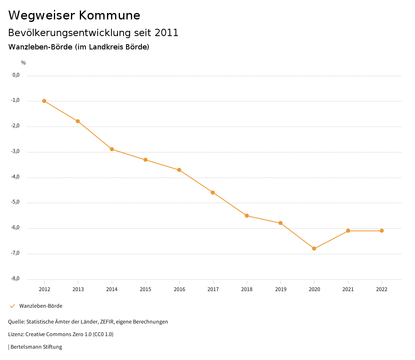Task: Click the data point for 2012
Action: (x=44, y=101)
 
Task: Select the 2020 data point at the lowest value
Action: (x=314, y=249)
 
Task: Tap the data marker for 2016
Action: (x=179, y=170)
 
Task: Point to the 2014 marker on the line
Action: (x=112, y=149)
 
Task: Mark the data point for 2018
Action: (x=247, y=216)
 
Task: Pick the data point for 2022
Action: (x=382, y=231)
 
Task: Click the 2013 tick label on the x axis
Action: (x=78, y=289)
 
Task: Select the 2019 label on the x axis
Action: (x=280, y=289)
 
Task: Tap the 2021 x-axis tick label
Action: (x=348, y=289)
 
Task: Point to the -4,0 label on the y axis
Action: (x=16, y=177)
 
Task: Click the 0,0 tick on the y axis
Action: (x=16, y=75)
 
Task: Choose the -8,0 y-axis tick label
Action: (x=16, y=279)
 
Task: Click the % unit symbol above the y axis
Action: (x=24, y=63)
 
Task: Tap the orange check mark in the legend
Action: (x=12, y=306)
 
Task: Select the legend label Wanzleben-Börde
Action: (x=41, y=306)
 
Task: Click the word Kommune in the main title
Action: (x=109, y=15)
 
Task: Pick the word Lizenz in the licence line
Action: (x=16, y=334)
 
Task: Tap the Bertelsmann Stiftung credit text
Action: (x=36, y=347)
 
